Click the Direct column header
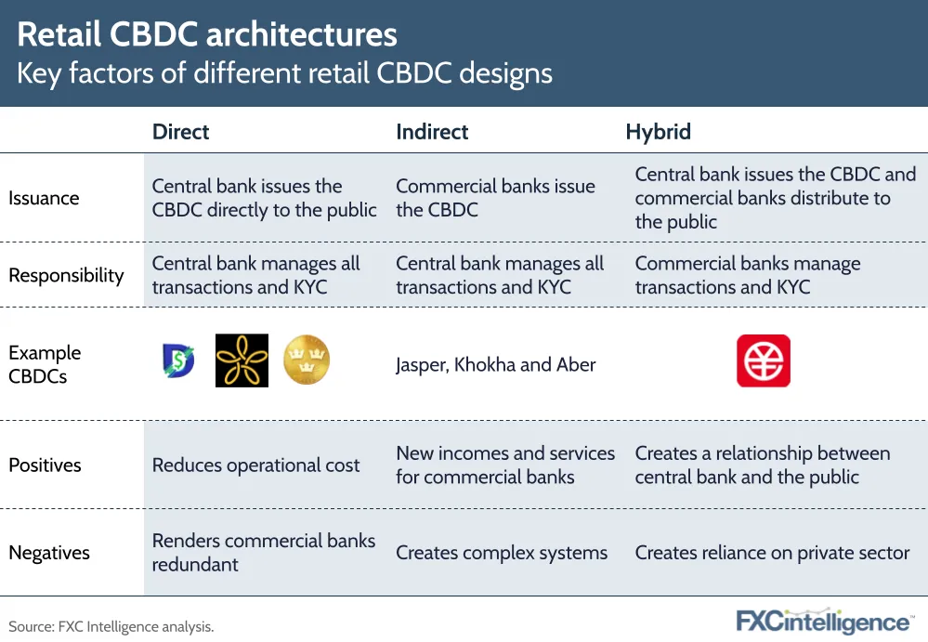tap(180, 131)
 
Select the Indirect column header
tap(432, 131)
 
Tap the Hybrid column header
tap(658, 132)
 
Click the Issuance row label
tap(44, 198)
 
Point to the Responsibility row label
tap(66, 275)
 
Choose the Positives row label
tap(45, 465)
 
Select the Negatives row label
tap(49, 553)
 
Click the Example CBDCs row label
tap(45, 364)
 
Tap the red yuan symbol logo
tap(764, 360)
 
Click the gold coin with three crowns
tap(307, 360)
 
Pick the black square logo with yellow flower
tap(242, 360)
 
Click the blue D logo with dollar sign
tap(178, 360)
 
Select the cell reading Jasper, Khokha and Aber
tap(496, 364)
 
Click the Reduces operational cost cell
tap(255, 465)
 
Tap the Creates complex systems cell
tap(502, 553)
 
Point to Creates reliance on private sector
tap(772, 553)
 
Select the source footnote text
tap(111, 626)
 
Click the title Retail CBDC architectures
tap(207, 33)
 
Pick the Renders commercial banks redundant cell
tap(264, 553)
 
